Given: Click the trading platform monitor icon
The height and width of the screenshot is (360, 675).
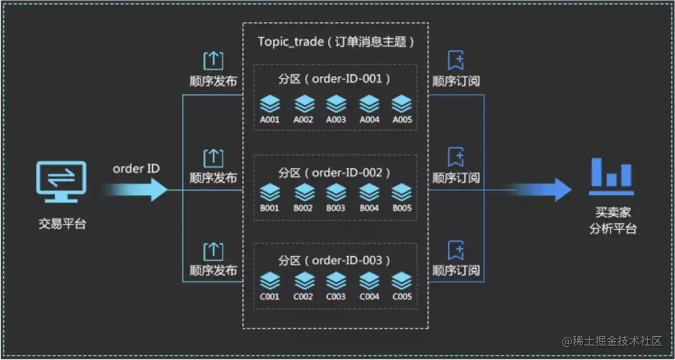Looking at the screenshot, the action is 62,182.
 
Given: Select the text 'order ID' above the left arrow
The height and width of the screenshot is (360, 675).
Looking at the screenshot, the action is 136,169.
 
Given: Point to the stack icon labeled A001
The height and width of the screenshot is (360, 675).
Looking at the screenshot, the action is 270,103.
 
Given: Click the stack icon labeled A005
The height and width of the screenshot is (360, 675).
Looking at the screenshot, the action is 401,103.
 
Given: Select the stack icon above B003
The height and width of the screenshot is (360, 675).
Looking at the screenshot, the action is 336,192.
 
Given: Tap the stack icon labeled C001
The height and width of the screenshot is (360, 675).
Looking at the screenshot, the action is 270,281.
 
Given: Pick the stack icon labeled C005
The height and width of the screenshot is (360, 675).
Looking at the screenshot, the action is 401,281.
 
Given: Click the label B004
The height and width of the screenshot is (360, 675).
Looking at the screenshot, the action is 369,208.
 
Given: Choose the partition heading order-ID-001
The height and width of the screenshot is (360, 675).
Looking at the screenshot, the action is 335,79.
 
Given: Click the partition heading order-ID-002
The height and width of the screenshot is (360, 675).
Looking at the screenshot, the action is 335,172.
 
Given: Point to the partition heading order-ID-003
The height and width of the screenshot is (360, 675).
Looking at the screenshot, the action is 335,260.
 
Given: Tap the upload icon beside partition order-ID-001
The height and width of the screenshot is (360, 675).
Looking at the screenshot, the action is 213,61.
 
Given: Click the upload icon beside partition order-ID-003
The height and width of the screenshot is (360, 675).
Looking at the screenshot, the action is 213,251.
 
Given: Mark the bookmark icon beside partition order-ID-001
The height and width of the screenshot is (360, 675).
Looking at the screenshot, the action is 456,61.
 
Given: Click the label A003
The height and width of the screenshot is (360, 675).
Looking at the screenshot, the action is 336,119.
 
